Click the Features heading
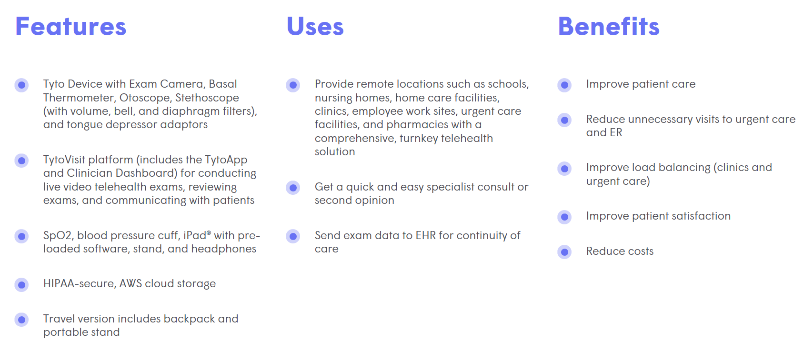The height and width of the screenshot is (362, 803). click(70, 27)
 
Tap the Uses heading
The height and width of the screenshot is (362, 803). click(315, 27)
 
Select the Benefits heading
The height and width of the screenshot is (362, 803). click(609, 27)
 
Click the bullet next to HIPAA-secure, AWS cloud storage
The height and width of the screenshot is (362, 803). click(21, 284)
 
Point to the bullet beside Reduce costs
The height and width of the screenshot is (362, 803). click(564, 252)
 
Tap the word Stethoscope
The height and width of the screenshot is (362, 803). click(207, 98)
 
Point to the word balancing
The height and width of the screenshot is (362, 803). click(684, 167)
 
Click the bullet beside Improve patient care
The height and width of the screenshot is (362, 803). click(564, 85)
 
